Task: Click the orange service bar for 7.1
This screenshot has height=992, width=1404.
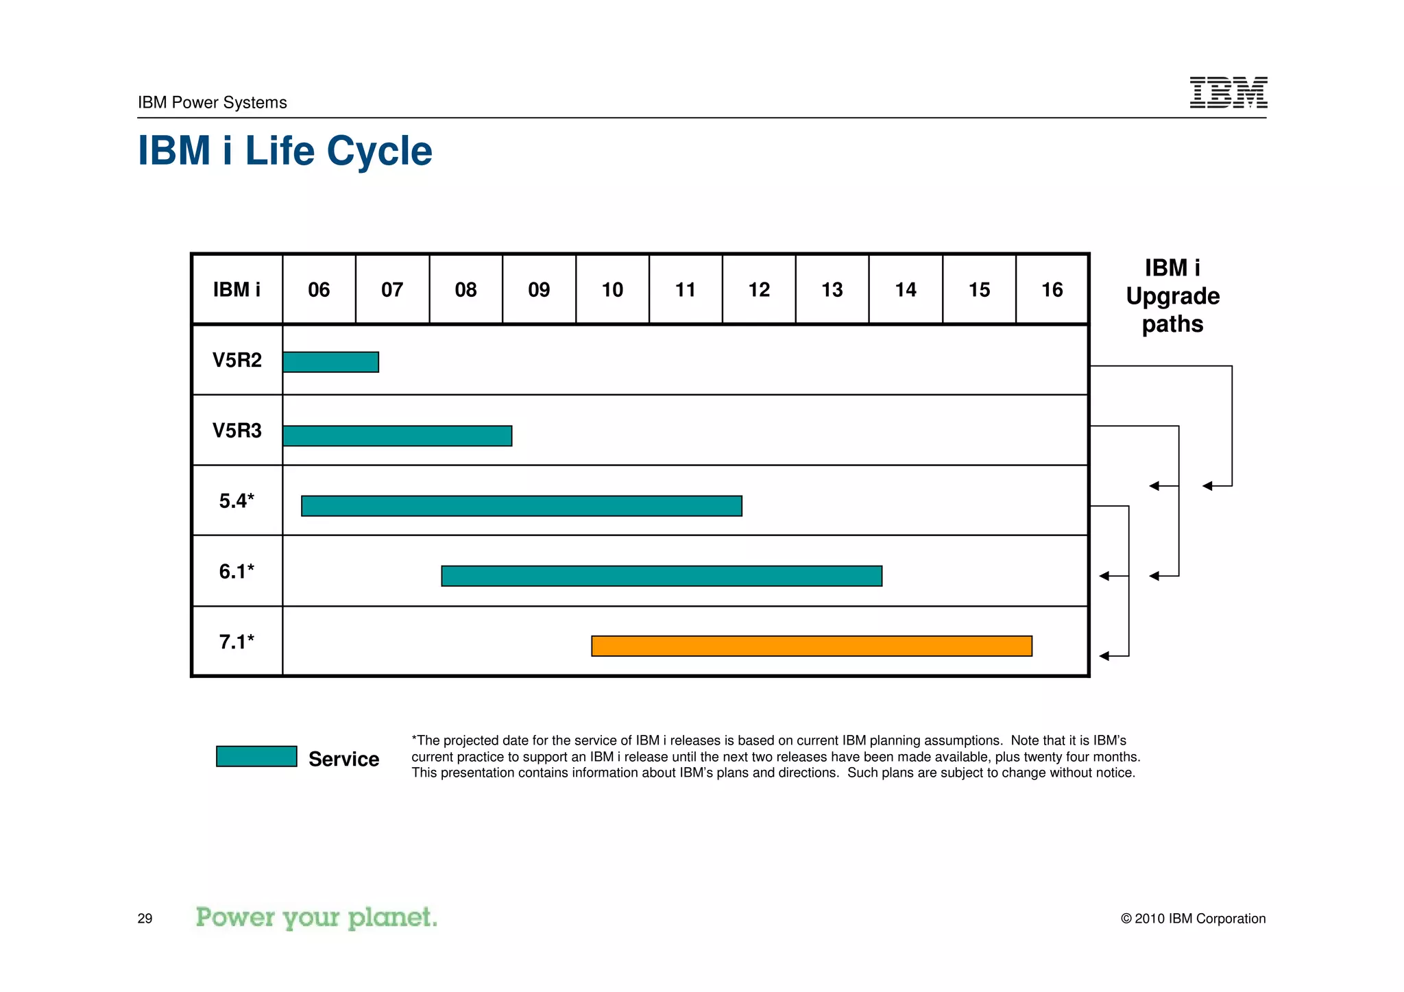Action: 811,646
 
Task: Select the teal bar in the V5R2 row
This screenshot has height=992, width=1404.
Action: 330,362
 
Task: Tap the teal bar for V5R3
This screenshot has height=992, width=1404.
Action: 397,435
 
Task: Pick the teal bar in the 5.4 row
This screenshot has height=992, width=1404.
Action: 521,506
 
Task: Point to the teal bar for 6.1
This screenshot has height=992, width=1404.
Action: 661,576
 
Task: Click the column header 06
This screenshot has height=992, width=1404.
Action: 319,290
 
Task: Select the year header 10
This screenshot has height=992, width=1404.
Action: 612,290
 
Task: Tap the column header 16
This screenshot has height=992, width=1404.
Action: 1052,290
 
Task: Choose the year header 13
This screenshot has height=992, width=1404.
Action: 832,290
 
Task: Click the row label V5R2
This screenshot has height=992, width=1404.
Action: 237,361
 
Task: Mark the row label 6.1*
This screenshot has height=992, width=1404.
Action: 237,571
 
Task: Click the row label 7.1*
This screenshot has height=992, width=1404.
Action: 237,642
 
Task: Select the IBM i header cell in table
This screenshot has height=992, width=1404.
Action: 237,290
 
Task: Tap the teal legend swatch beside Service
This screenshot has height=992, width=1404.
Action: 256,756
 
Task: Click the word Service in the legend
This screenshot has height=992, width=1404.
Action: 343,759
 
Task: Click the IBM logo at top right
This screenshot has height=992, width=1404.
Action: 1228,93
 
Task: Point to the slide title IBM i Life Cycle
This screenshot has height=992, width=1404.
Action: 285,151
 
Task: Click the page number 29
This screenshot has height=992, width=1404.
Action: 145,919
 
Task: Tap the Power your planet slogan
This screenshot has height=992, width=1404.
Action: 316,917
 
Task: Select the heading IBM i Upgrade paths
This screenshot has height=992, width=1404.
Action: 1172,295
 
